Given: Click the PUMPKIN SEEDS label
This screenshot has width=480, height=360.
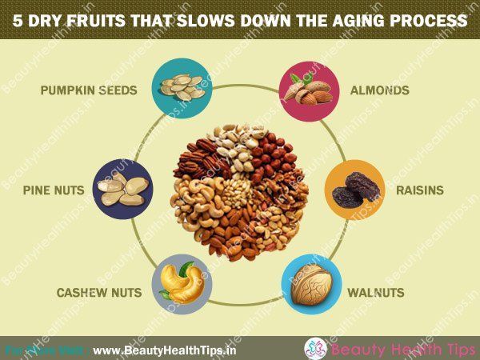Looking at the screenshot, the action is pos(89,90).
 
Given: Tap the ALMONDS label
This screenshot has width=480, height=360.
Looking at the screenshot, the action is pos(379,90).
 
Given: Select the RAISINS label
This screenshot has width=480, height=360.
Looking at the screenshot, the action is pos(420,190).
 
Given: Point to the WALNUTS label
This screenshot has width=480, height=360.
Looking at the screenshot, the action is pos(376,292).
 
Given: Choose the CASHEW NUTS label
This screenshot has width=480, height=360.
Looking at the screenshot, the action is pos(99,292).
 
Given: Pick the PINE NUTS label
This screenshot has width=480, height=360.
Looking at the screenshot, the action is pos(54,190).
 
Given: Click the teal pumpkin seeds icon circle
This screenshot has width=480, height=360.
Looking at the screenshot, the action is pos(182,89).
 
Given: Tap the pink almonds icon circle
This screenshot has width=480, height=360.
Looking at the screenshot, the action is pos(310,91).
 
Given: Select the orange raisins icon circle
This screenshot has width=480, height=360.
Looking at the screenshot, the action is pos(354,190).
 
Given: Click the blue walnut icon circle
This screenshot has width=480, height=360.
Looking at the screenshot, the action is pos(311,284).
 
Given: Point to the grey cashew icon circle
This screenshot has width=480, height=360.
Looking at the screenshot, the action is pos(182,284).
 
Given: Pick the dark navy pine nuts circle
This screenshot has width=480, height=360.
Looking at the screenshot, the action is pos(122,189).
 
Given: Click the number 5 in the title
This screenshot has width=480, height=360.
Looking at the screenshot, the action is pos(18,21).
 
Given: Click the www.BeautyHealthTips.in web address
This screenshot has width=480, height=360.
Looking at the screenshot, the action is pos(164,350).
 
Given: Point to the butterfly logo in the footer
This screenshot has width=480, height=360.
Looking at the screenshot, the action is pos(316,348).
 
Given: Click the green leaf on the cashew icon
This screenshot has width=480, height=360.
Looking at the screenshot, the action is pos(186,269).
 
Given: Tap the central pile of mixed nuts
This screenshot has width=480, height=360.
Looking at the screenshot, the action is pos(239,192).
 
